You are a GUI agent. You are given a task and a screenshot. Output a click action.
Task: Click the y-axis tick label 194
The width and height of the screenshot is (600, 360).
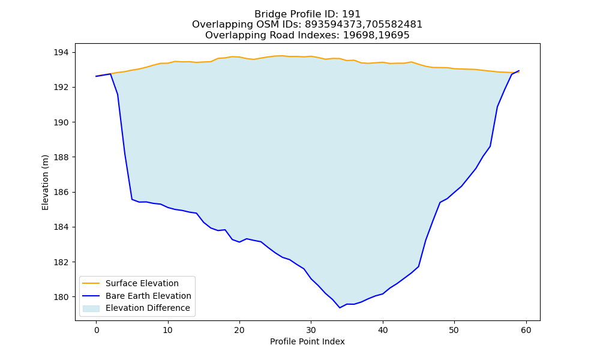(x=61, y=52)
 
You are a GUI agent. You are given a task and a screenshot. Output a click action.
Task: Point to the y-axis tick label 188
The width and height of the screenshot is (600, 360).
(x=61, y=157)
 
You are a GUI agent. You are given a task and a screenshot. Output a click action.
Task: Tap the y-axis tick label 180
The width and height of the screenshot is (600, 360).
(x=61, y=297)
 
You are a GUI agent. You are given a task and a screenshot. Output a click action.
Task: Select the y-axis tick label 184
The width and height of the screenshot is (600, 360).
(x=61, y=227)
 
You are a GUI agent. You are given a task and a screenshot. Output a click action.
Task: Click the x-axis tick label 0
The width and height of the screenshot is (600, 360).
(x=97, y=330)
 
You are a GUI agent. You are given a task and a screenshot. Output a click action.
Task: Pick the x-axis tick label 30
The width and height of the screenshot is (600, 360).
(x=311, y=330)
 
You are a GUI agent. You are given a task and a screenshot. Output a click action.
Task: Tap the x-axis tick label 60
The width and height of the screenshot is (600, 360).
(x=526, y=330)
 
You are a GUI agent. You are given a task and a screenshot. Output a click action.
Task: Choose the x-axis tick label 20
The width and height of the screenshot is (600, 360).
(x=239, y=330)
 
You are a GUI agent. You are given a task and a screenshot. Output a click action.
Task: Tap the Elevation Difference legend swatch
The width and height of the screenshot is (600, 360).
(x=91, y=308)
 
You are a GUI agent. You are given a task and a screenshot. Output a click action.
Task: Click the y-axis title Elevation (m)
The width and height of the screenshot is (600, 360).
(x=45, y=182)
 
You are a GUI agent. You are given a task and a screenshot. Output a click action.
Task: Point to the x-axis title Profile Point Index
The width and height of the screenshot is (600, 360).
(x=307, y=341)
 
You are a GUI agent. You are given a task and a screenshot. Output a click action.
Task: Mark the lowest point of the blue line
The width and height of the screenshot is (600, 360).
(x=340, y=308)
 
